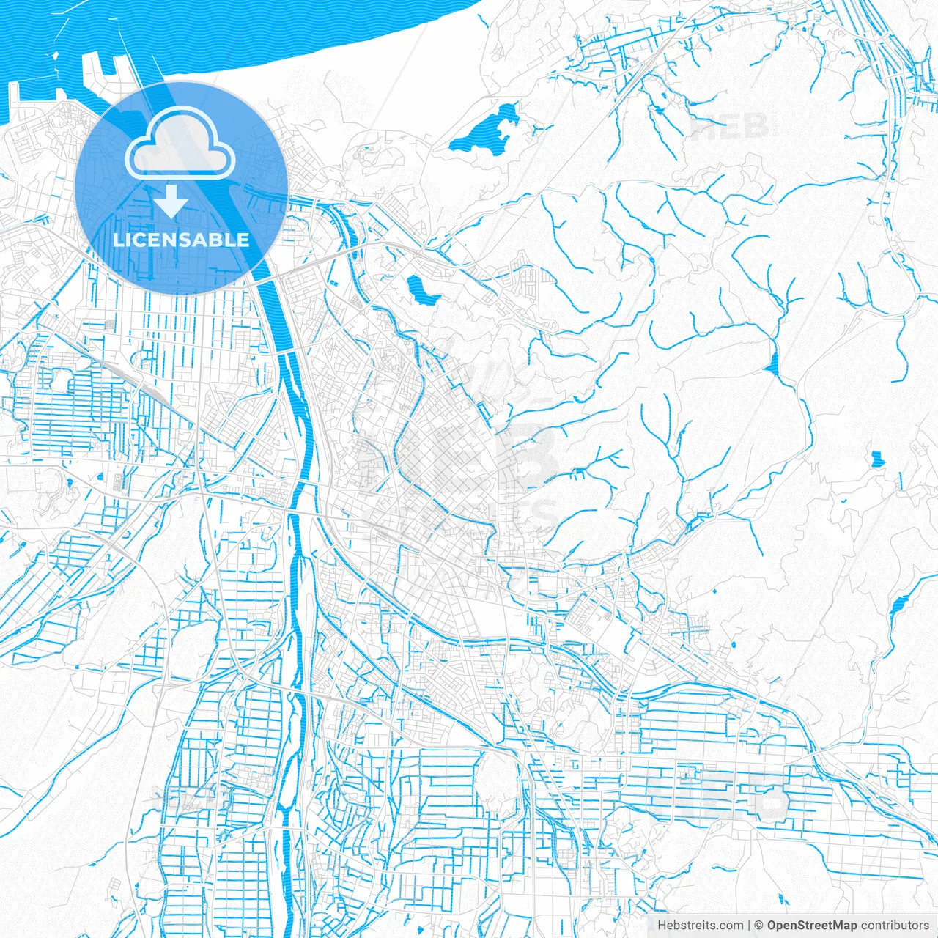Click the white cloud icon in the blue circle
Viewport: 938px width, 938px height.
[180, 143]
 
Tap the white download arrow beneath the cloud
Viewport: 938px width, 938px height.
[171, 201]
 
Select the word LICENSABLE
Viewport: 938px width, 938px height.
[181, 240]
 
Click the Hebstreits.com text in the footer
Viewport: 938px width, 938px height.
[700, 926]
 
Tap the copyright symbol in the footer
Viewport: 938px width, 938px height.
[759, 926]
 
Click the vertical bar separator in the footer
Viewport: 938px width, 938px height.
[749, 926]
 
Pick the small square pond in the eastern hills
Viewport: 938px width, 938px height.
[876, 459]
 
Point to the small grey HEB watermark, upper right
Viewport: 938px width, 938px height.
[729, 127]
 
